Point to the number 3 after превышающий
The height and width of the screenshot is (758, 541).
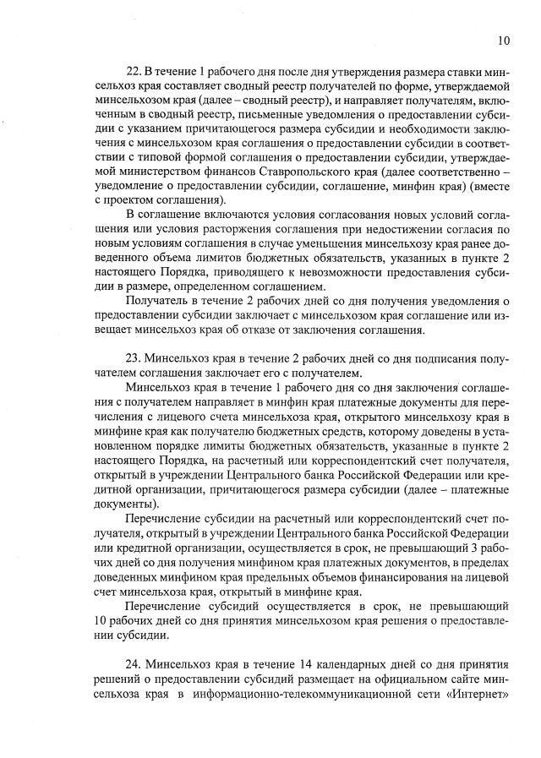[478, 547]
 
